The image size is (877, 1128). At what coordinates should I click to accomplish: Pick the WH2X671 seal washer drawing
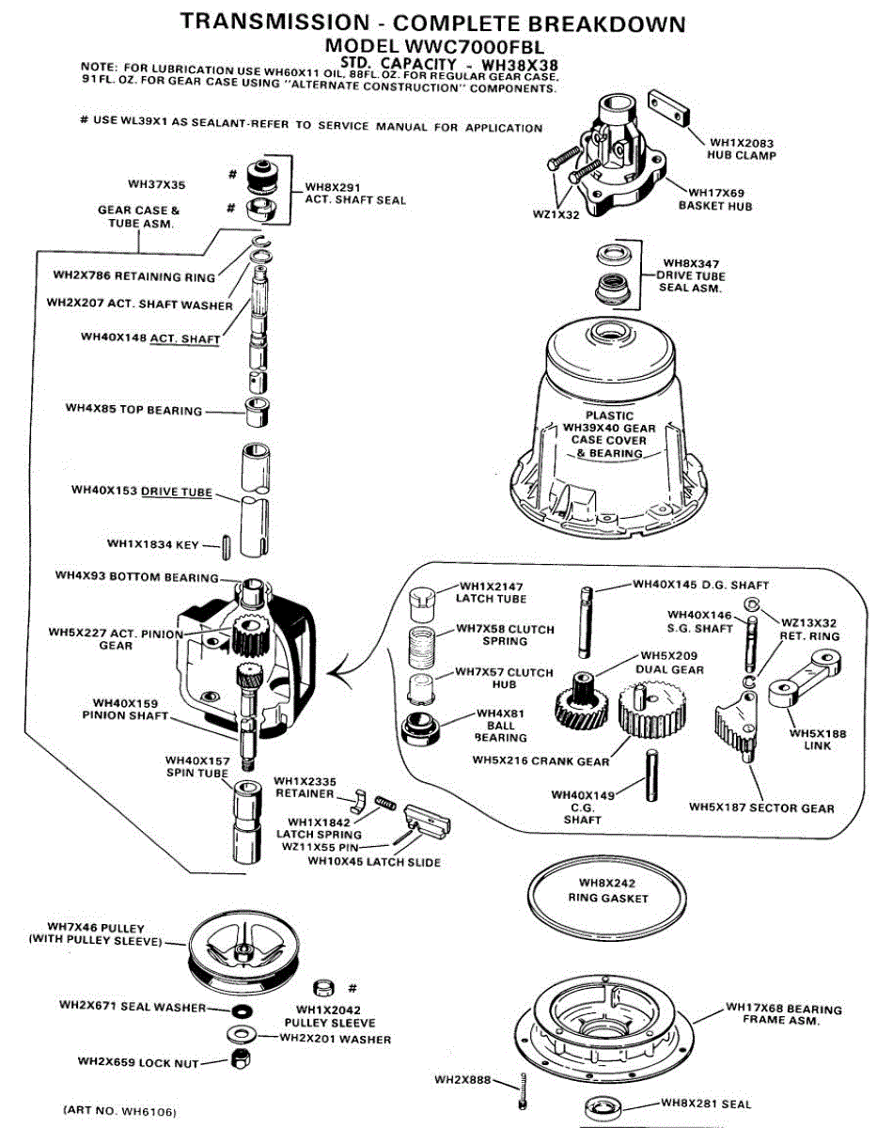pyautogui.click(x=242, y=1010)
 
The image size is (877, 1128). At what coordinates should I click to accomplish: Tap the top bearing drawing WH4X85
pyautogui.click(x=254, y=412)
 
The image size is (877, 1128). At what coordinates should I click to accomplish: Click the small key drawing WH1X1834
pyautogui.click(x=227, y=545)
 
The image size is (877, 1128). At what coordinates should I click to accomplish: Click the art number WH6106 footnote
pyautogui.click(x=119, y=1110)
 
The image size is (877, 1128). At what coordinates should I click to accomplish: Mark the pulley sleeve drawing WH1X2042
pyautogui.click(x=322, y=988)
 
